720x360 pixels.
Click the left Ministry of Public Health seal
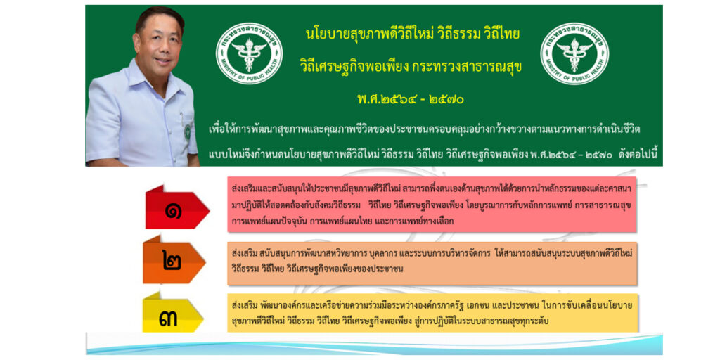click(x=250, y=53)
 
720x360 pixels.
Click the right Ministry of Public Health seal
click(x=574, y=53)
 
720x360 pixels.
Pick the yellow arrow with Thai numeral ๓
click(x=173, y=314)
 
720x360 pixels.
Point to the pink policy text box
click(x=432, y=205)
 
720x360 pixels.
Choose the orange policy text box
click(x=432, y=263)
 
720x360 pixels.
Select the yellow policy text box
click(x=432, y=313)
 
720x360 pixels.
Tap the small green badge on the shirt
click(x=187, y=131)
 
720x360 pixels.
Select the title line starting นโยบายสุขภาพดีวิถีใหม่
click(x=412, y=34)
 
